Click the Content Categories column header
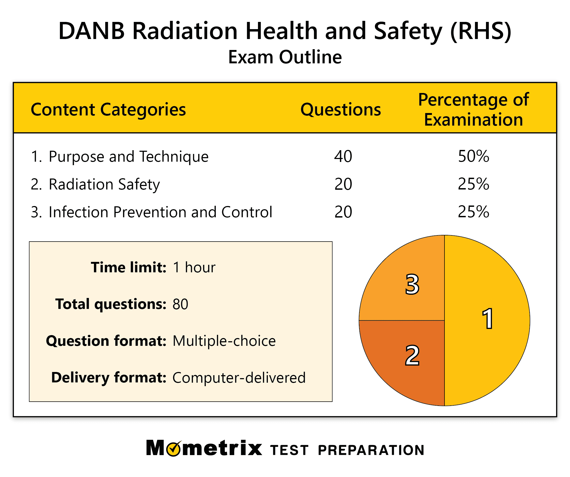pyautogui.click(x=108, y=110)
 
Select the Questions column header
pyautogui.click(x=340, y=110)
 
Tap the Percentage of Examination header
pyautogui.click(x=473, y=110)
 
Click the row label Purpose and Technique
pyautogui.click(x=128, y=157)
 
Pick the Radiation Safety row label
pyautogui.click(x=104, y=184)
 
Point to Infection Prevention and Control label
pyautogui.click(x=160, y=212)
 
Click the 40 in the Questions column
pyautogui.click(x=343, y=156)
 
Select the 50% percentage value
pyautogui.click(x=473, y=156)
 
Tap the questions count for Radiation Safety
pyautogui.click(x=343, y=184)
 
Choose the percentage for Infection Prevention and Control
pyautogui.click(x=473, y=212)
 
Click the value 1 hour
pyautogui.click(x=194, y=268)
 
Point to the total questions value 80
pyautogui.click(x=180, y=304)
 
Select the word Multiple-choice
pyautogui.click(x=224, y=341)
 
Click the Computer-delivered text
pyautogui.click(x=239, y=378)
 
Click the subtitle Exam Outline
pyautogui.click(x=285, y=57)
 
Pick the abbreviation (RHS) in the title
pyautogui.click(x=480, y=31)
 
